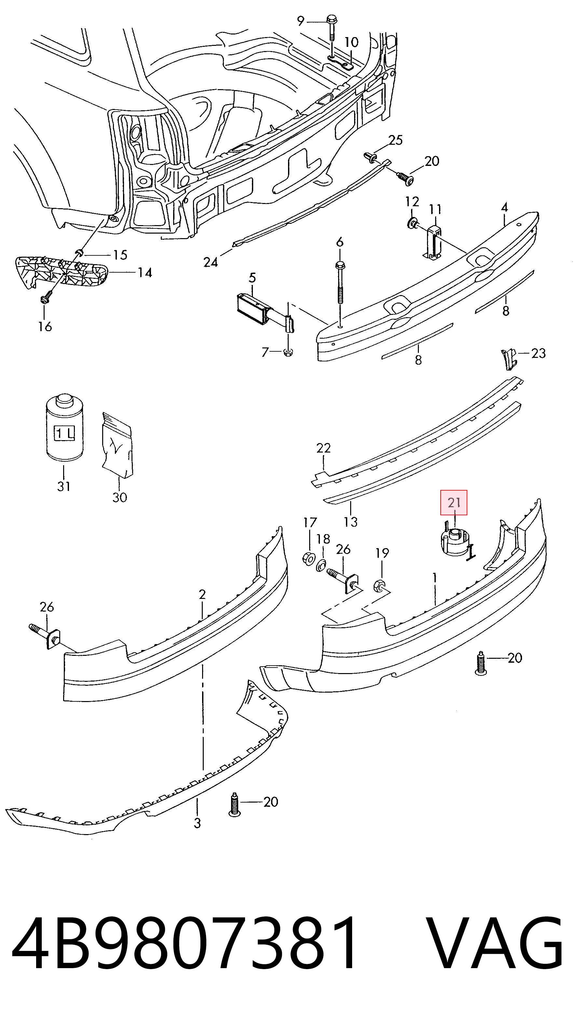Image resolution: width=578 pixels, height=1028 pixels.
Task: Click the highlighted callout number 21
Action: coord(454,502)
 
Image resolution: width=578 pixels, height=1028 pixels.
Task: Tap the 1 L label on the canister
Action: coord(63,433)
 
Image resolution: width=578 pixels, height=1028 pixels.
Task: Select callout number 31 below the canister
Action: coord(64,486)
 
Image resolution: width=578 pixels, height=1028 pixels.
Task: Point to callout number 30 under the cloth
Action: coord(119,497)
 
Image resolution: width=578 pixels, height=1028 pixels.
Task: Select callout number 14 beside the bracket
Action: coord(145,273)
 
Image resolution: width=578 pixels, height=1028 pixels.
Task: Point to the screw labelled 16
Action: coord(44,299)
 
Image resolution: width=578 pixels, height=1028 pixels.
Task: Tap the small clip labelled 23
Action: coord(509,359)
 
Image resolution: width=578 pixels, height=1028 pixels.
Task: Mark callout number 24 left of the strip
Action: coord(211,262)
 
